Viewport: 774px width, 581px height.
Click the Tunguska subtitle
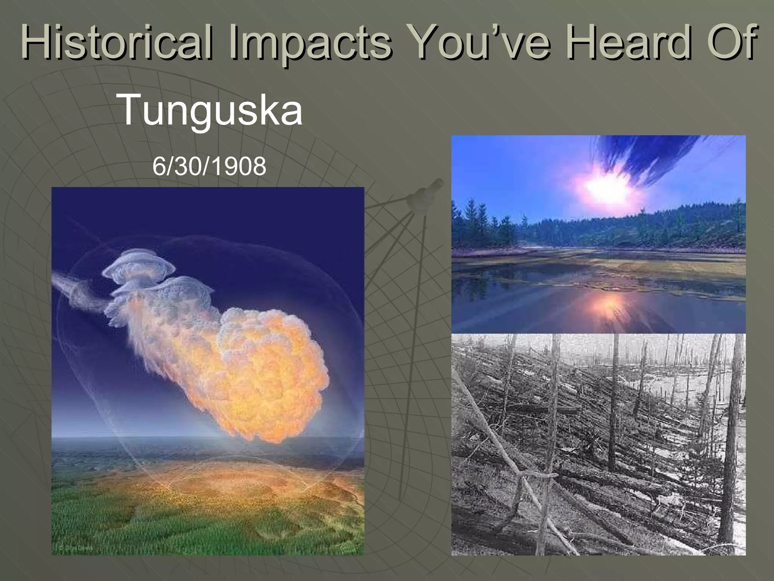point(211,110)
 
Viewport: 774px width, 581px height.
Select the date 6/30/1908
point(209,166)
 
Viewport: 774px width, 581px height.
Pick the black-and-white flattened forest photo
point(598,444)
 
